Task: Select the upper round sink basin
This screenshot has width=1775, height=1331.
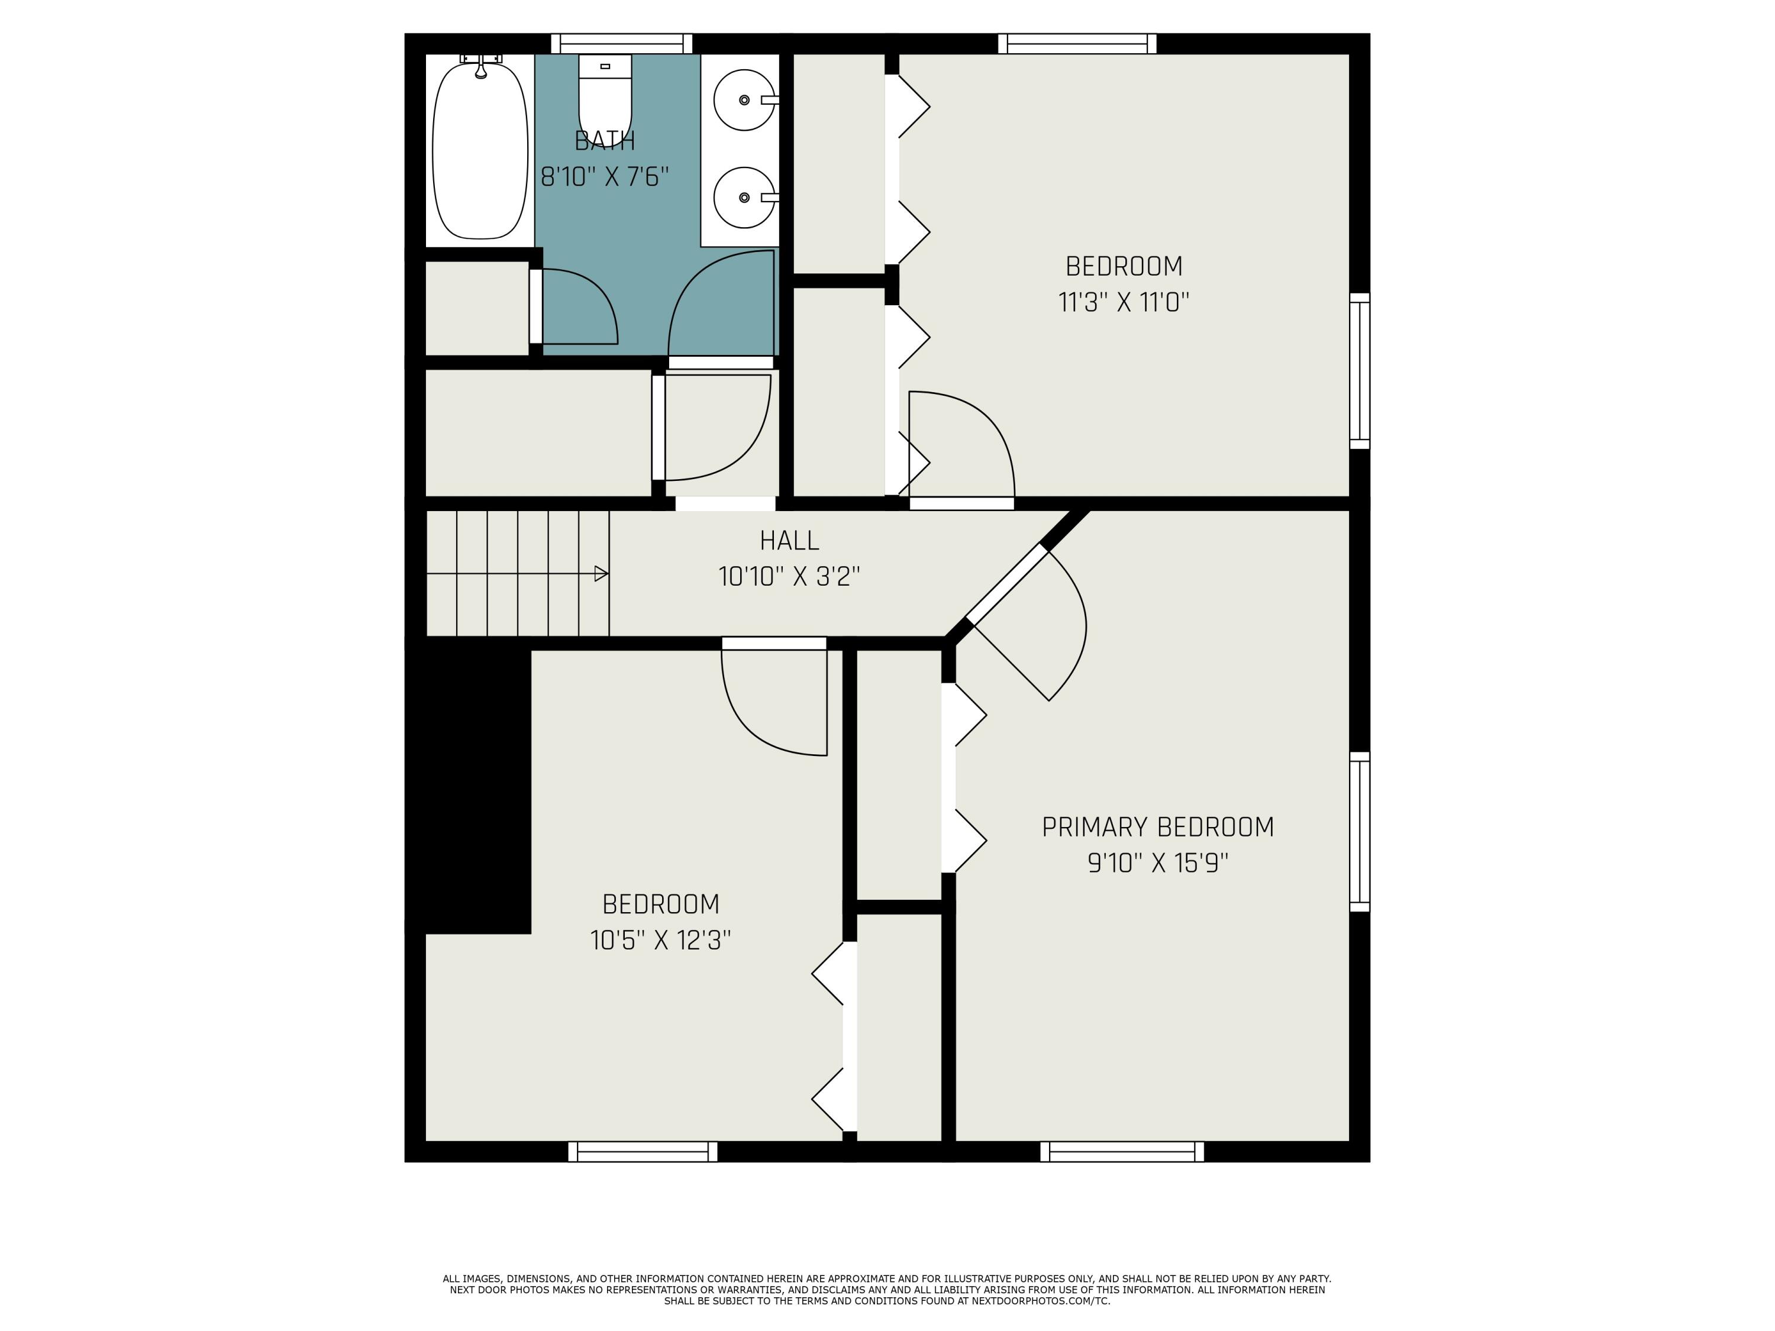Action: [744, 101]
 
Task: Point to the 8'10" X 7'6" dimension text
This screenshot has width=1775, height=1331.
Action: [605, 176]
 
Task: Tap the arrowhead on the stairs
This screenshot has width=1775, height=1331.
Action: [600, 574]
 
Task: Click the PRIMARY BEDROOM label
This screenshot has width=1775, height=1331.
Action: [1157, 827]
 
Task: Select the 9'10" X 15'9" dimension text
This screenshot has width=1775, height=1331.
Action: [1157, 863]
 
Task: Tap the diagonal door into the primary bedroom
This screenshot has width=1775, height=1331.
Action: [1008, 586]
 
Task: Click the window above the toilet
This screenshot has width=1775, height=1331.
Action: [621, 43]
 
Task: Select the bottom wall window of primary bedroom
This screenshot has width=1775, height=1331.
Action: [1122, 1151]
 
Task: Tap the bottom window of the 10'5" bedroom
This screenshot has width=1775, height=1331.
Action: [643, 1151]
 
